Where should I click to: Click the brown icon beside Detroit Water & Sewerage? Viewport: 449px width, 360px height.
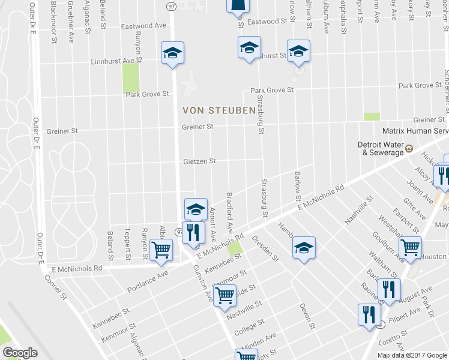[x=409, y=148]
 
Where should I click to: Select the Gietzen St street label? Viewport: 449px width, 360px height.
[x=199, y=161]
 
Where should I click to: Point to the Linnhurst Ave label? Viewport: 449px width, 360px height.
[x=113, y=61]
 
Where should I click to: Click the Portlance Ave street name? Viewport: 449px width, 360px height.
[x=148, y=281]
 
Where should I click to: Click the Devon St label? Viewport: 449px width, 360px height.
[x=307, y=316]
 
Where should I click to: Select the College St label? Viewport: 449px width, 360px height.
[x=249, y=325]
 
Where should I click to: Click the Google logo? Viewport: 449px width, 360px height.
[x=19, y=353]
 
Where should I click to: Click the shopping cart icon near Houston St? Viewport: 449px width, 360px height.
[x=410, y=248]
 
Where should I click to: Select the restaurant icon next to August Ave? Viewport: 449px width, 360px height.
[x=389, y=290]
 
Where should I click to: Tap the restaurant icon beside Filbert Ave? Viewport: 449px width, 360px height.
[x=368, y=315]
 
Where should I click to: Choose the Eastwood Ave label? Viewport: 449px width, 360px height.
[x=144, y=26]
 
